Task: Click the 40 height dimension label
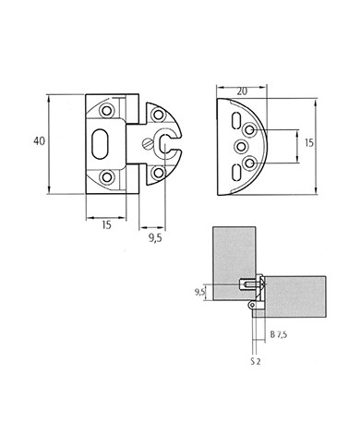39,141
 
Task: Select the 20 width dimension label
242,91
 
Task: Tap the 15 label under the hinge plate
106,225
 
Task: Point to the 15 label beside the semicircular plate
309,143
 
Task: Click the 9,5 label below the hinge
155,238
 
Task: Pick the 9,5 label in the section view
199,292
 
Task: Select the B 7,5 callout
279,334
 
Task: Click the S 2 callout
256,361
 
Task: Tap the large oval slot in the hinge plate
100,144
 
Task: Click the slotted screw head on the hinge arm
147,144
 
